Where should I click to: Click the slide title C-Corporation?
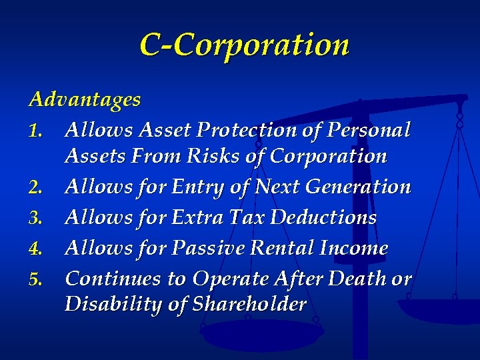[244, 45]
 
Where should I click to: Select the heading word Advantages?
[85, 99]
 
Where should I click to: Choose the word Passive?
[203, 248]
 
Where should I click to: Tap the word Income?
[353, 248]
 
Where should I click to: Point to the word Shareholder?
[249, 304]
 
